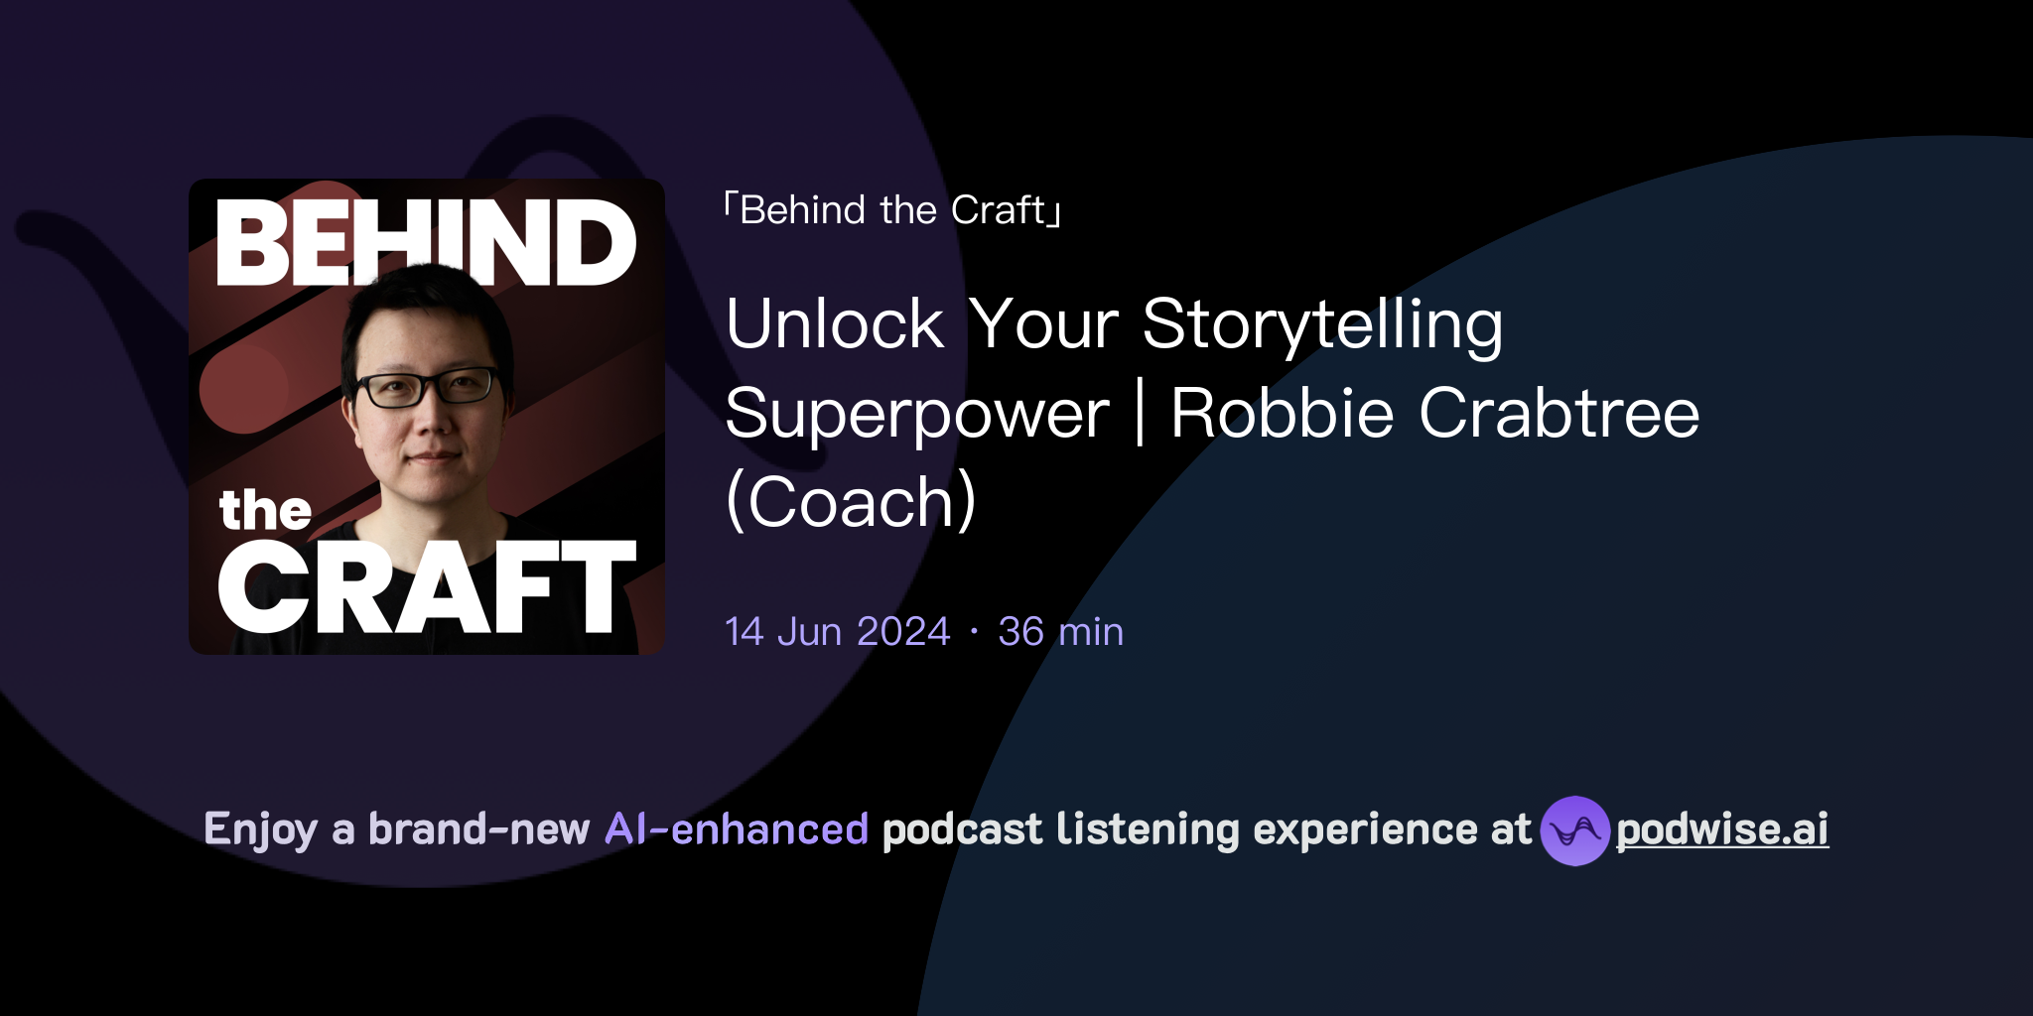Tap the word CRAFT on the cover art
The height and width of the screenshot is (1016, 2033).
click(427, 587)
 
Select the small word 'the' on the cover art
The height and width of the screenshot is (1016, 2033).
click(265, 511)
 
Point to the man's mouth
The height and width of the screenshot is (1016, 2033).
click(433, 457)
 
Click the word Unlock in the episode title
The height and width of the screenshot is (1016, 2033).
click(835, 324)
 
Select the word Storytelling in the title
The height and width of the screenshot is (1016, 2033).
click(1322, 324)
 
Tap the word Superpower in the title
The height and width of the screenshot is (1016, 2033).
click(917, 414)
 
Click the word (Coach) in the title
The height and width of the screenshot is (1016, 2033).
click(851, 502)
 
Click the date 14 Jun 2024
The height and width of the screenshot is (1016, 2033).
click(838, 632)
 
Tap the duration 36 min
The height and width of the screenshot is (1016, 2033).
click(1060, 632)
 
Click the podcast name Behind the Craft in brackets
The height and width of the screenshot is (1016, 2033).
click(892, 210)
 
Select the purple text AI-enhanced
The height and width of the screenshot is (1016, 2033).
click(737, 829)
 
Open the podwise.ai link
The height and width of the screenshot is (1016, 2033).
click(1722, 829)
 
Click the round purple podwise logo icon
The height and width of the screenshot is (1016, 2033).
click(1574, 830)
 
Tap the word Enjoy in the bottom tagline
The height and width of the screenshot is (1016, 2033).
click(260, 829)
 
